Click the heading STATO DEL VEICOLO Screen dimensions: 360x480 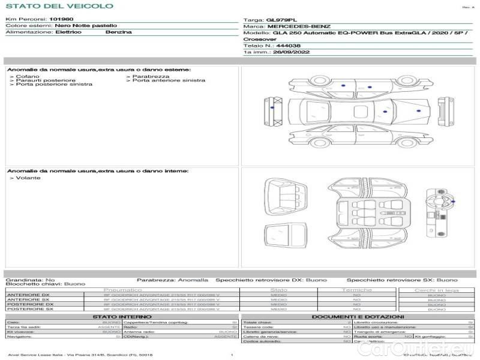coord(59,6)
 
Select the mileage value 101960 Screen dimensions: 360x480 coord(61,20)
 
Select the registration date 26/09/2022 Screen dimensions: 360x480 coord(286,52)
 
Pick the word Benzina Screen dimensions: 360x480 coord(118,32)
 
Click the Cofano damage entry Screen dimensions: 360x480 coord(28,77)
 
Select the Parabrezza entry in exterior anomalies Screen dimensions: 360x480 coord(151,77)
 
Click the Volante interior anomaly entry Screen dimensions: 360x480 coord(28,178)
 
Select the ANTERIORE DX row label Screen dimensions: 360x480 coord(28,295)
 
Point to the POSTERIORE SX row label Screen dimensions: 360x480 coord(29,309)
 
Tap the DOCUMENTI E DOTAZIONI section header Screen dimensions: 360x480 coord(358,317)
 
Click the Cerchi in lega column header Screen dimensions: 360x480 coord(436,290)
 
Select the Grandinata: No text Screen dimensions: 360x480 coord(30,280)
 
